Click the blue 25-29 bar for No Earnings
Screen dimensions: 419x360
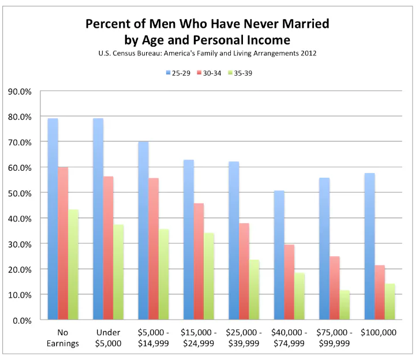(53, 219)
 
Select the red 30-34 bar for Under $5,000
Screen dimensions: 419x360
(109, 248)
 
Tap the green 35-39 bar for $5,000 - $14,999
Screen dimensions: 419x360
(164, 274)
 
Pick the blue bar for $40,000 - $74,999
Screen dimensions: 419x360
(279, 255)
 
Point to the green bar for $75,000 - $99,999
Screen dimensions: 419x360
(345, 305)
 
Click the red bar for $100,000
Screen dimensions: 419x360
(380, 292)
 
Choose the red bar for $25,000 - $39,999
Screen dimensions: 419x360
(244, 271)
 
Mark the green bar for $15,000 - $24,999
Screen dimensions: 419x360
(209, 276)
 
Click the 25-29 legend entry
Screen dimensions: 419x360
(178, 73)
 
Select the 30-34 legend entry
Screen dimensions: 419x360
(209, 73)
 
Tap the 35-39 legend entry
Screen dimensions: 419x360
(240, 73)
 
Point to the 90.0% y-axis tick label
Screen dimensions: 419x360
(20, 92)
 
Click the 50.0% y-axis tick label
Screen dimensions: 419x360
(20, 193)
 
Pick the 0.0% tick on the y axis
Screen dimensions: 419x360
(22, 320)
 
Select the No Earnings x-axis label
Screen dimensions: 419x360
(63, 337)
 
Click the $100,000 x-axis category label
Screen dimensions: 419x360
(379, 332)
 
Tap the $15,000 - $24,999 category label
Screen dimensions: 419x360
(199, 337)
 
